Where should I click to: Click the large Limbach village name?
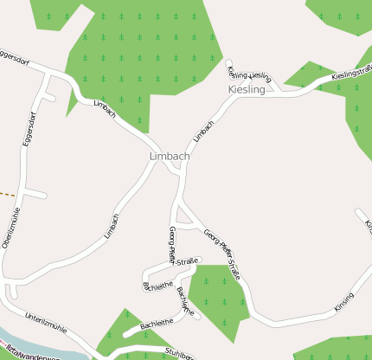pos(169,156)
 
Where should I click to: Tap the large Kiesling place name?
pos(247,90)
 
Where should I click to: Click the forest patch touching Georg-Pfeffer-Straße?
pos(216,299)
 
